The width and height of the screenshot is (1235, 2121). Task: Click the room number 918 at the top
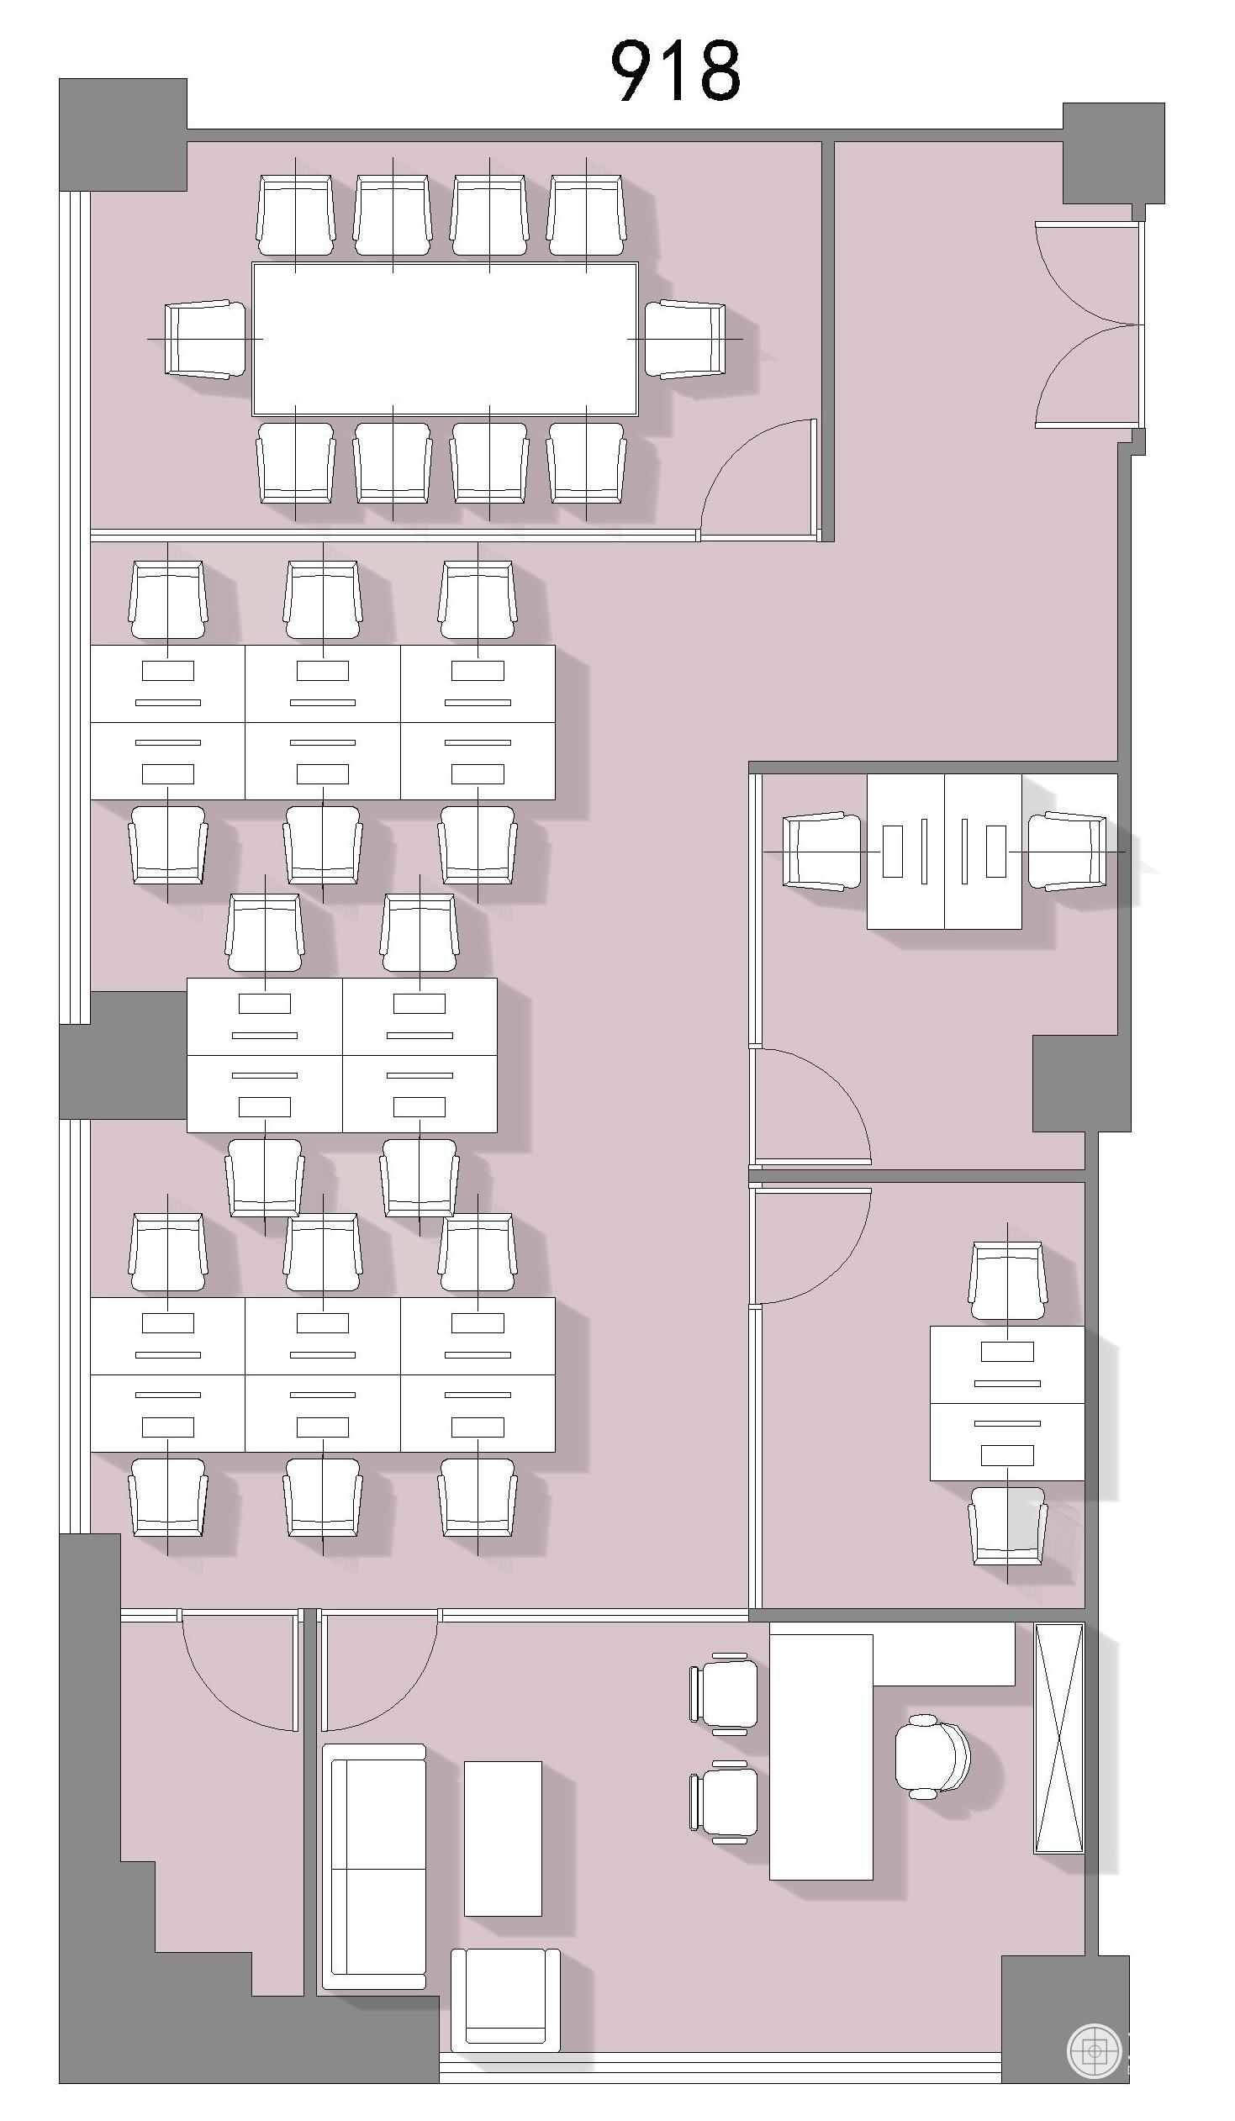click(675, 71)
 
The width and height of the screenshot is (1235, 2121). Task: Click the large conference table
click(445, 338)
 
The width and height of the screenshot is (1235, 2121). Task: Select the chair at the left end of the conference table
click(205, 338)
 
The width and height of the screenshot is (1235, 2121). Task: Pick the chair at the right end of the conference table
click(685, 338)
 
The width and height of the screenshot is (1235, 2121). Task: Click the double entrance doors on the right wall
click(1086, 324)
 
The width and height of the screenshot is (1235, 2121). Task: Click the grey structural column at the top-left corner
click(123, 135)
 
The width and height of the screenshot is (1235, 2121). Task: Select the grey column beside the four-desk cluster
click(123, 1055)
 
